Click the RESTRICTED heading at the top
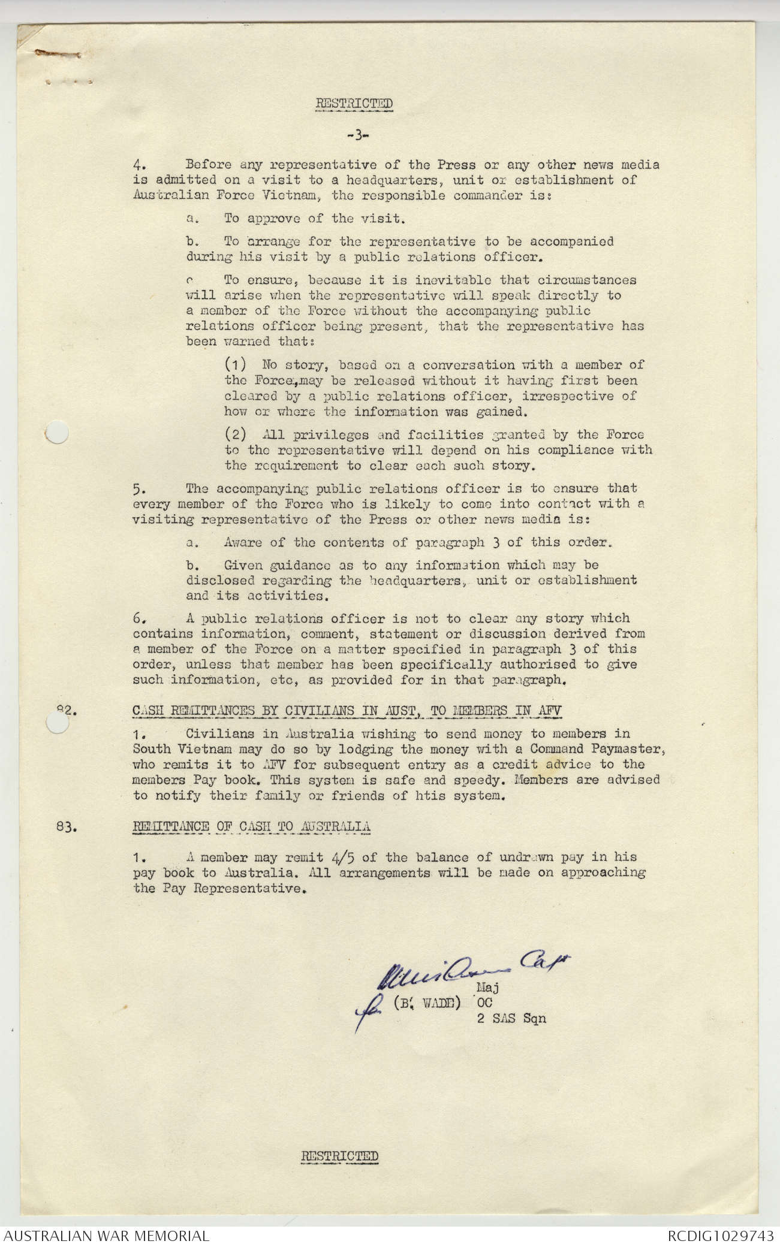pos(354,104)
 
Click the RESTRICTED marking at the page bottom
pos(339,1156)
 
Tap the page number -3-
pos(357,135)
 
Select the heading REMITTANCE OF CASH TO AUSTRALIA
pos(251,827)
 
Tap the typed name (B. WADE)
pos(426,1003)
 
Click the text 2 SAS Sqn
pos(511,1018)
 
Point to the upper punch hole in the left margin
pos(57,432)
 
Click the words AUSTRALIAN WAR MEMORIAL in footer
pos(106,1236)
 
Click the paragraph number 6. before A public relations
pos(138,618)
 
